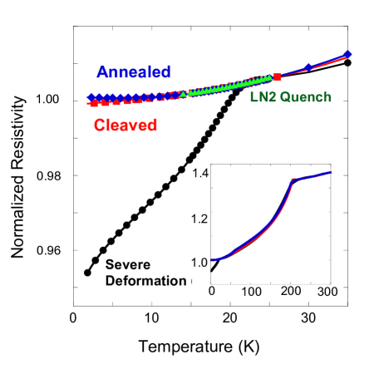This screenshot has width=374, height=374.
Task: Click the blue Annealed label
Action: (134, 71)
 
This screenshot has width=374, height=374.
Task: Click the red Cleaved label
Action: (125, 125)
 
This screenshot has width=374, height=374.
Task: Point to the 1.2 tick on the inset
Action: (199, 219)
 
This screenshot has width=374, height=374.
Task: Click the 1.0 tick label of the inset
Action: (199, 263)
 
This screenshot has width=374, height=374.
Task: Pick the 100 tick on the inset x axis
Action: (251, 292)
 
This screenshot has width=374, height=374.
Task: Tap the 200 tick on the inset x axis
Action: (291, 292)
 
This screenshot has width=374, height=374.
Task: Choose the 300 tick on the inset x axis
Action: (327, 292)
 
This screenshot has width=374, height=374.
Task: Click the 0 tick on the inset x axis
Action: (211, 292)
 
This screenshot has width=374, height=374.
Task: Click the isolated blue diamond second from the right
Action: (308, 66)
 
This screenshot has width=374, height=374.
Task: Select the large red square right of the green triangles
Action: (277, 77)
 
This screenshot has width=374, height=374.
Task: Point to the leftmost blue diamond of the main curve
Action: (91, 97)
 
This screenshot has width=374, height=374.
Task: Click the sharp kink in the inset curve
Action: (292, 180)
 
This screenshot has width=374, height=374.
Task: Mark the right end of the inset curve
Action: (332, 172)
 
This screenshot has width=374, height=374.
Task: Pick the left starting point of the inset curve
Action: (210, 260)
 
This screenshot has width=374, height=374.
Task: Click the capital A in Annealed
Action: (103, 71)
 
